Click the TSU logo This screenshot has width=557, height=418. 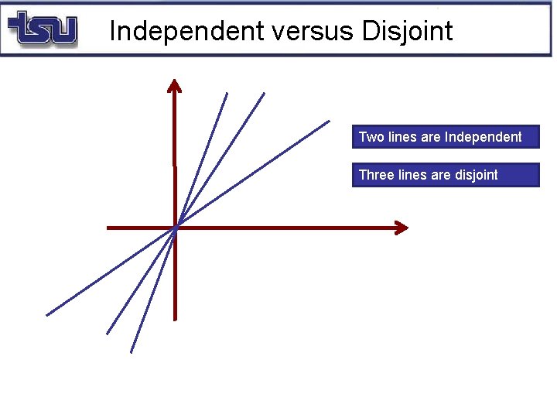tap(43, 29)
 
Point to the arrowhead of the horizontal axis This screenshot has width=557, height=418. tap(402, 228)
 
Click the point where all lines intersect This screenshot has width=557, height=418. tap(176, 228)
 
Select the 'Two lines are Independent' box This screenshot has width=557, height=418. tap(445, 137)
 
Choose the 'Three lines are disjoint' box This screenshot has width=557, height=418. tap(445, 175)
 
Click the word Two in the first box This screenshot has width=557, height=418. tap(371, 137)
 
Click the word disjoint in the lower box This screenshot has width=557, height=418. tap(473, 175)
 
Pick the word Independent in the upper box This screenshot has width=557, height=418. tap(484, 137)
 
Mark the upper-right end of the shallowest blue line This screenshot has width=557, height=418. tap(329, 122)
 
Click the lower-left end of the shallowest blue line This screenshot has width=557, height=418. tap(47, 314)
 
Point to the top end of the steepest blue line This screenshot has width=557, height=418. tap(227, 94)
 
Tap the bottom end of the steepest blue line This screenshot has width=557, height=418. tap(132, 351)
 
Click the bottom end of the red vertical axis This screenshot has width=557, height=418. tap(175, 318)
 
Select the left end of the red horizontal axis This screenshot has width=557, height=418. tap(108, 228)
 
